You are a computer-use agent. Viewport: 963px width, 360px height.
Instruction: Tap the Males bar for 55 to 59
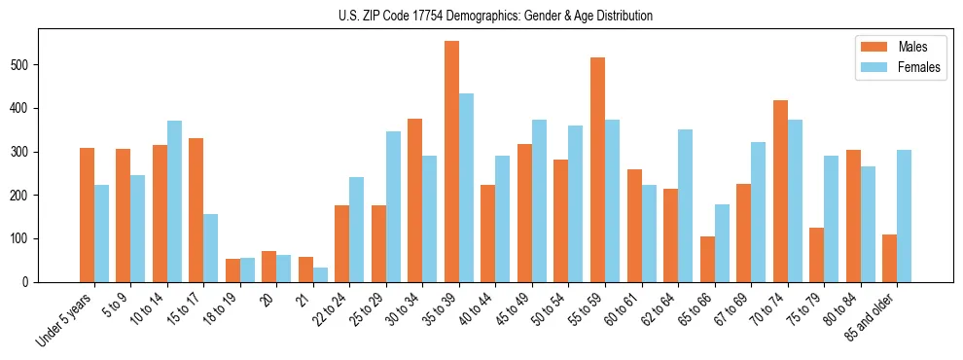click(597, 170)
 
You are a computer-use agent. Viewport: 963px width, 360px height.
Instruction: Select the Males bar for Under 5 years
click(87, 215)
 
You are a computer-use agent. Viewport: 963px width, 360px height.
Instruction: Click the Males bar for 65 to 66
click(707, 259)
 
